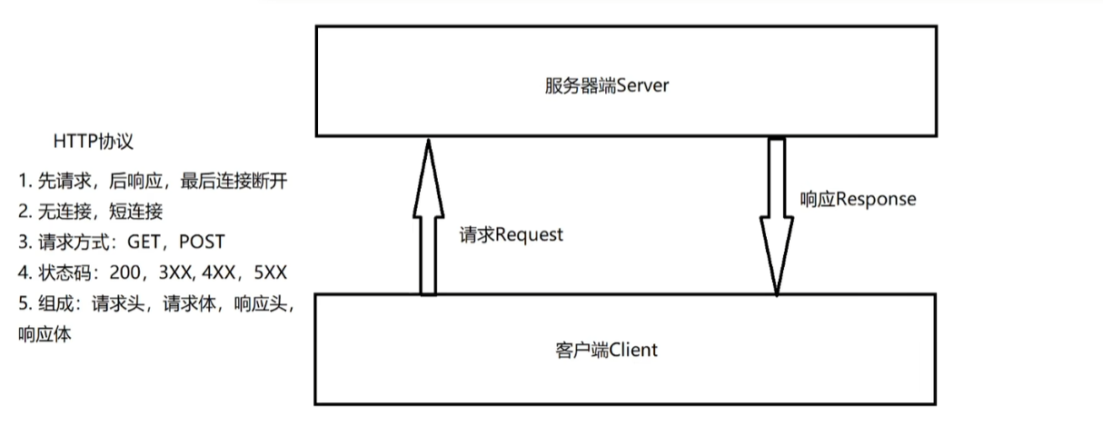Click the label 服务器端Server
[607, 86]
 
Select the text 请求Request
[512, 234]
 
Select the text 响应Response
[858, 198]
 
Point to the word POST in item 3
[201, 242]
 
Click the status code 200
[123, 272]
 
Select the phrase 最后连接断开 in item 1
[234, 181]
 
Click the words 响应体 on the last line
[45, 334]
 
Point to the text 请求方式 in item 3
[69, 242]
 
